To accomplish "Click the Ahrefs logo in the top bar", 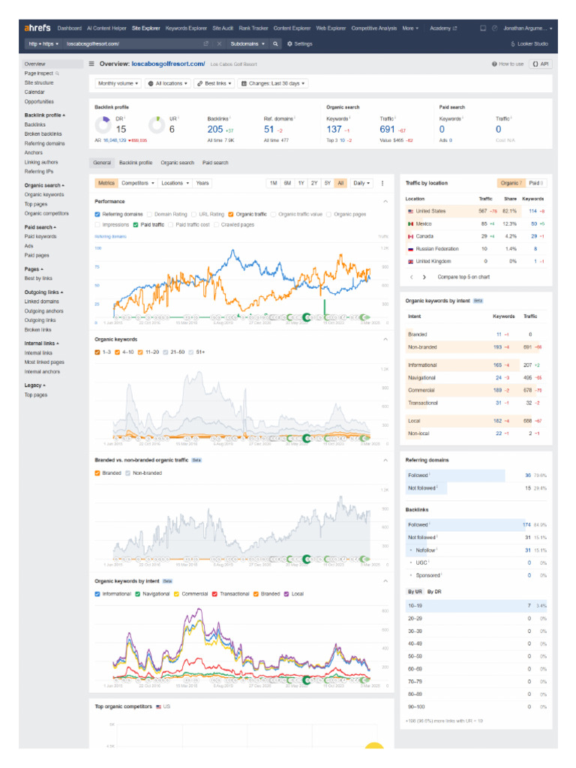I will [37, 28].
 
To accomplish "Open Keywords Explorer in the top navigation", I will [186, 28].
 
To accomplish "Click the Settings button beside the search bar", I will [300, 44].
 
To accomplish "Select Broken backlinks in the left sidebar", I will [43, 133].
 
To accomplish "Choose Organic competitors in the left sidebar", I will [46, 213].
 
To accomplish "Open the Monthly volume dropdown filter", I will [118, 83].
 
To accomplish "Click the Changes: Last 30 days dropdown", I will [272, 83].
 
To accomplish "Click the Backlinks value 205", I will [215, 129].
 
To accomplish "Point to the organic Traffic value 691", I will [387, 129].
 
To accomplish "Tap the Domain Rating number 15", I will [121, 129].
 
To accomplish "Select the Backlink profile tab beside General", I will [135, 163].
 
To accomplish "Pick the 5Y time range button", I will [328, 183].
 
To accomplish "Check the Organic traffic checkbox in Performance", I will [232, 214].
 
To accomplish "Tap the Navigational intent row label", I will [422, 378].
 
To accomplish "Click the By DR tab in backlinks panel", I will [434, 592].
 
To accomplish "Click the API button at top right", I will [540, 64].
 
